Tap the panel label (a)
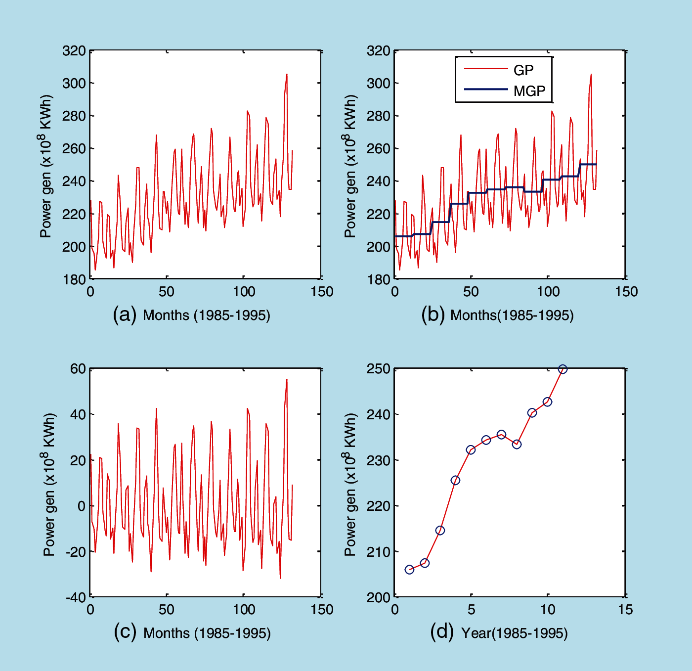click(124, 314)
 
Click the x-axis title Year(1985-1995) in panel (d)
click(514, 633)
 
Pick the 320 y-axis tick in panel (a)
click(74, 51)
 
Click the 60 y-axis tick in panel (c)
click(78, 369)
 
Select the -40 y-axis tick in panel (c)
click(76, 597)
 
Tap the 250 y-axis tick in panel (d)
click(378, 369)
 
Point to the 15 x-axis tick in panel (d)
click(625, 610)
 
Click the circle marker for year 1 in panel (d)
click(409, 570)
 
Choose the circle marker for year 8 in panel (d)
click(517, 444)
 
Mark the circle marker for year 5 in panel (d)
click(471, 450)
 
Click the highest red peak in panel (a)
click(287, 75)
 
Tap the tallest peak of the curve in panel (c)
click(287, 380)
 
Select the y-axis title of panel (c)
click(49, 485)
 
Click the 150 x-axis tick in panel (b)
click(626, 292)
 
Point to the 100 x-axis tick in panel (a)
click(244, 292)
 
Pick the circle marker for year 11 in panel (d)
click(562, 369)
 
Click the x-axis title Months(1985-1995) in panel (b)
click(512, 315)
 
